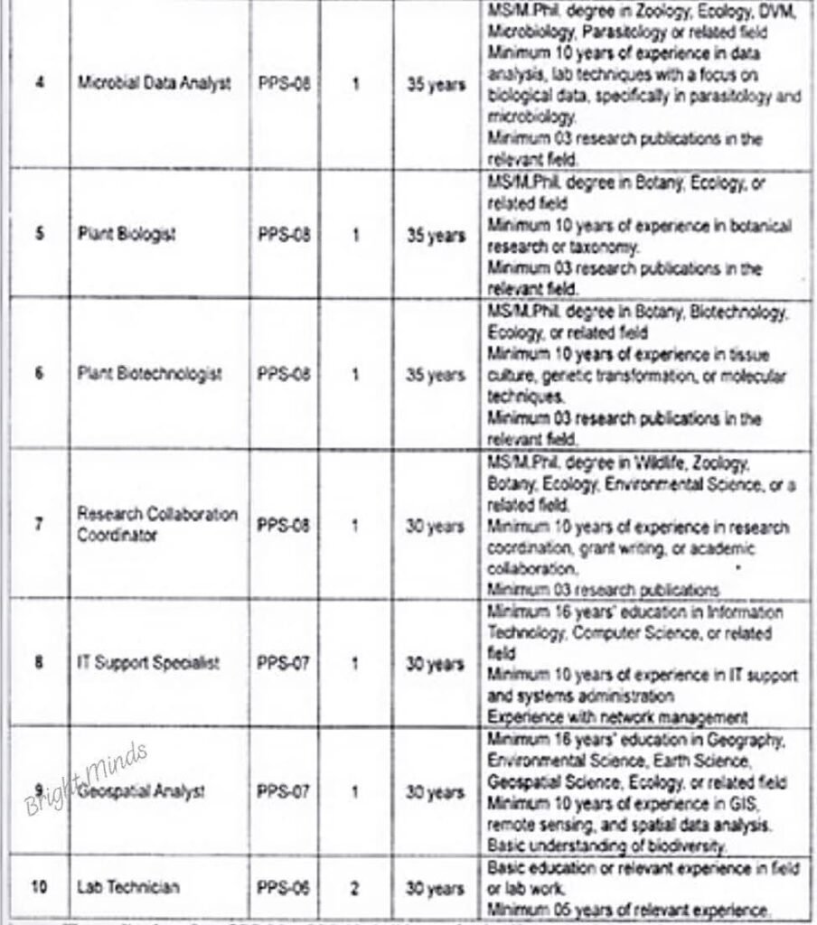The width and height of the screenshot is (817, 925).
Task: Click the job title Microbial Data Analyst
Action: point(154,83)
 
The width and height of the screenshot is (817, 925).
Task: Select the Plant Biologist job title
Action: point(127,234)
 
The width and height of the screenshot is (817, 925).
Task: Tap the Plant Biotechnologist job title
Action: point(150,373)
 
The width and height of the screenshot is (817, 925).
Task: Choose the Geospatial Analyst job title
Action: point(141,791)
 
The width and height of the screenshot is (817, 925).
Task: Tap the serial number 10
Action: point(39,886)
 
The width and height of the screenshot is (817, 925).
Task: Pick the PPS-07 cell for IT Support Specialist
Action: point(284,664)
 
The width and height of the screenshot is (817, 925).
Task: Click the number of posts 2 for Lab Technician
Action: point(355,887)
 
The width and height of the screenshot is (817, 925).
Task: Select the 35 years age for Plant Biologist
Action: point(436,235)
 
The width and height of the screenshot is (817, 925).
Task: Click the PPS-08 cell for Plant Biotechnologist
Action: point(284,374)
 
